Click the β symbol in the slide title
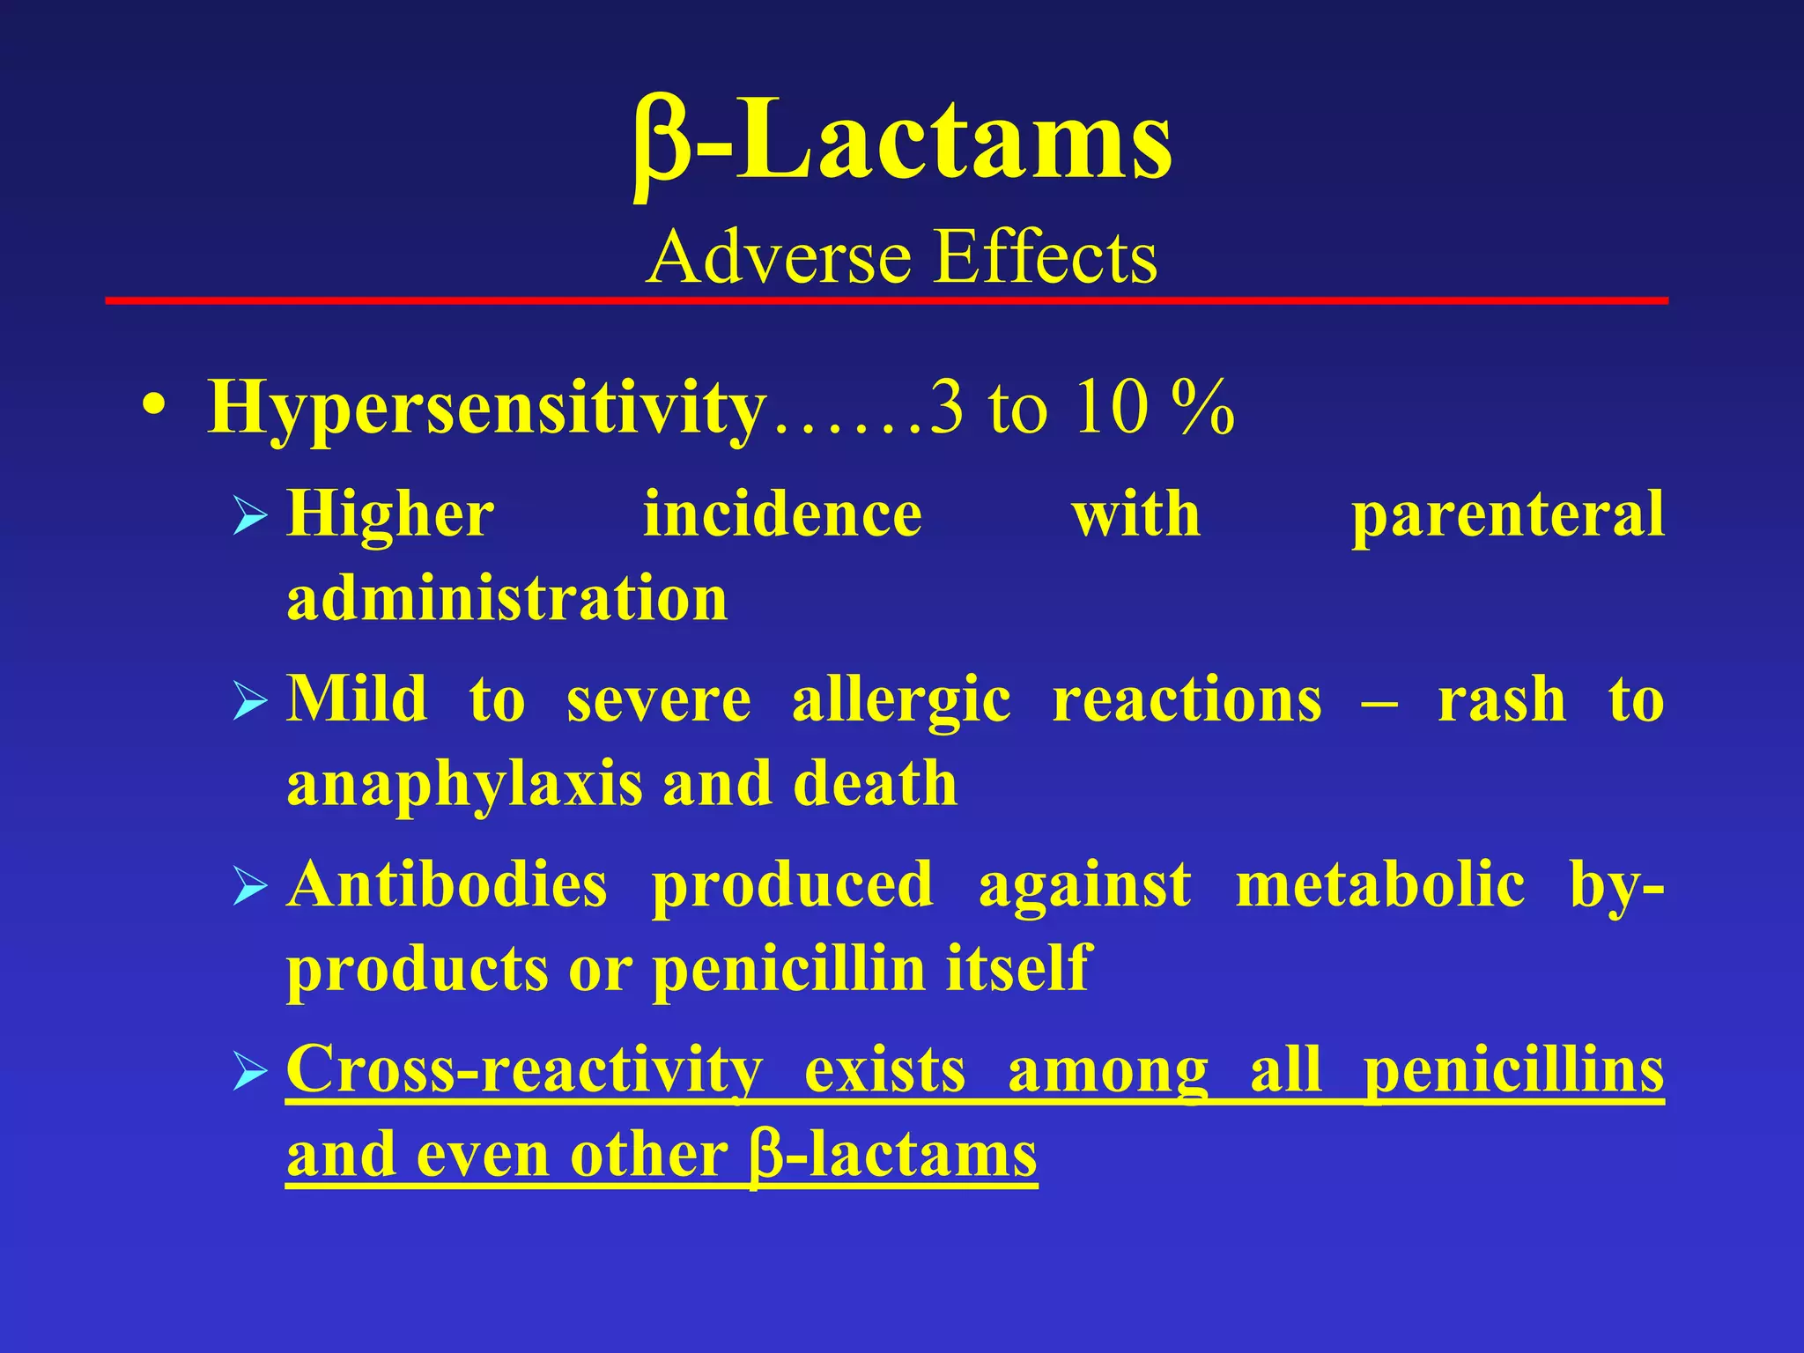click(662, 145)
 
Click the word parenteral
click(1507, 515)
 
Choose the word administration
click(507, 598)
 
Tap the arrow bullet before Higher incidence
click(250, 517)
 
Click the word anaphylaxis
click(465, 785)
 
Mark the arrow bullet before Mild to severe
click(250, 703)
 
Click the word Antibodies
click(447, 884)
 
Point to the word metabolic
click(1380, 884)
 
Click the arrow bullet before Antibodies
click(250, 888)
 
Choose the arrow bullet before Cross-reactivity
click(250, 1073)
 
